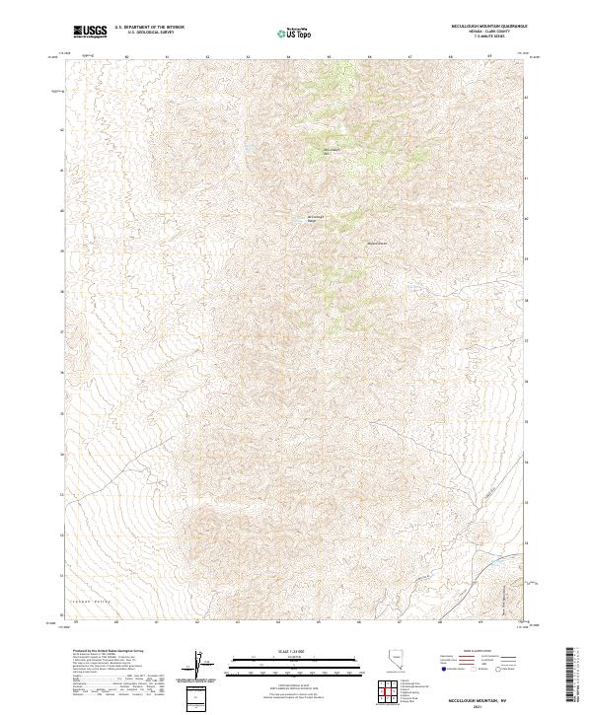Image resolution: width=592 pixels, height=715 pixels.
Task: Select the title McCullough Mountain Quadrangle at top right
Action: tap(482, 27)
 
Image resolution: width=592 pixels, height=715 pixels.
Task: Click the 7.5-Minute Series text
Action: tap(482, 41)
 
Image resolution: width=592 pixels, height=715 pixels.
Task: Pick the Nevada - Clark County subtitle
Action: tap(482, 35)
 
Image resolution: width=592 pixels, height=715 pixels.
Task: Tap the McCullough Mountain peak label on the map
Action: tap(331, 151)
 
